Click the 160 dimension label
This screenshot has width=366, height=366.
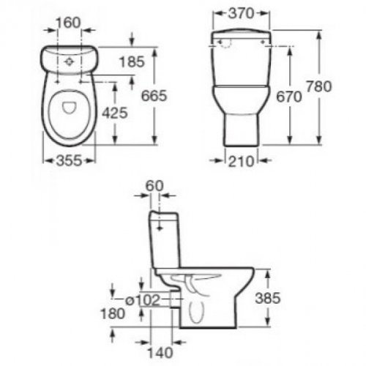coord(68,23)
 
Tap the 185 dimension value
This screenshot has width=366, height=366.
coord(132,61)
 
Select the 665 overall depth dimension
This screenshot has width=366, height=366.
coord(154,95)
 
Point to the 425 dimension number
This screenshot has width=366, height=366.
coord(115,113)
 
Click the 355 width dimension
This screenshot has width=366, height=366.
coord(69,161)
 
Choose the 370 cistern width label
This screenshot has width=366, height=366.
coord(241,13)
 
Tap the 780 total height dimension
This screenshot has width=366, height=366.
coord(319,86)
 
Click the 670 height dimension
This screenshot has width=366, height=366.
coord(289,97)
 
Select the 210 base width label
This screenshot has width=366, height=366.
coord(241,161)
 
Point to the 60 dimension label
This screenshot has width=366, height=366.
coord(154,186)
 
